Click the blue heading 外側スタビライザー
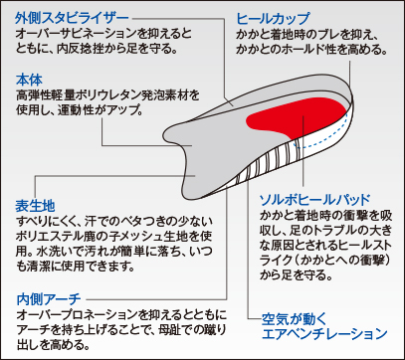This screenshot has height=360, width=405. coord(73,19)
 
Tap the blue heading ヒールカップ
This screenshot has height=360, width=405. coord(273,19)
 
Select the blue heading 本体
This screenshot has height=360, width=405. coord(29,81)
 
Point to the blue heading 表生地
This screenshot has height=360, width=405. coord(35,206)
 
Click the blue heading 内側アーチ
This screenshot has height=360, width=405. coord(49,299)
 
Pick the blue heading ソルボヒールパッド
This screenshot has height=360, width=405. coord(314,200)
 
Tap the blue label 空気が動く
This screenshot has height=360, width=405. coord(290,319)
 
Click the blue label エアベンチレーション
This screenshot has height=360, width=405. coord(324,333)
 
